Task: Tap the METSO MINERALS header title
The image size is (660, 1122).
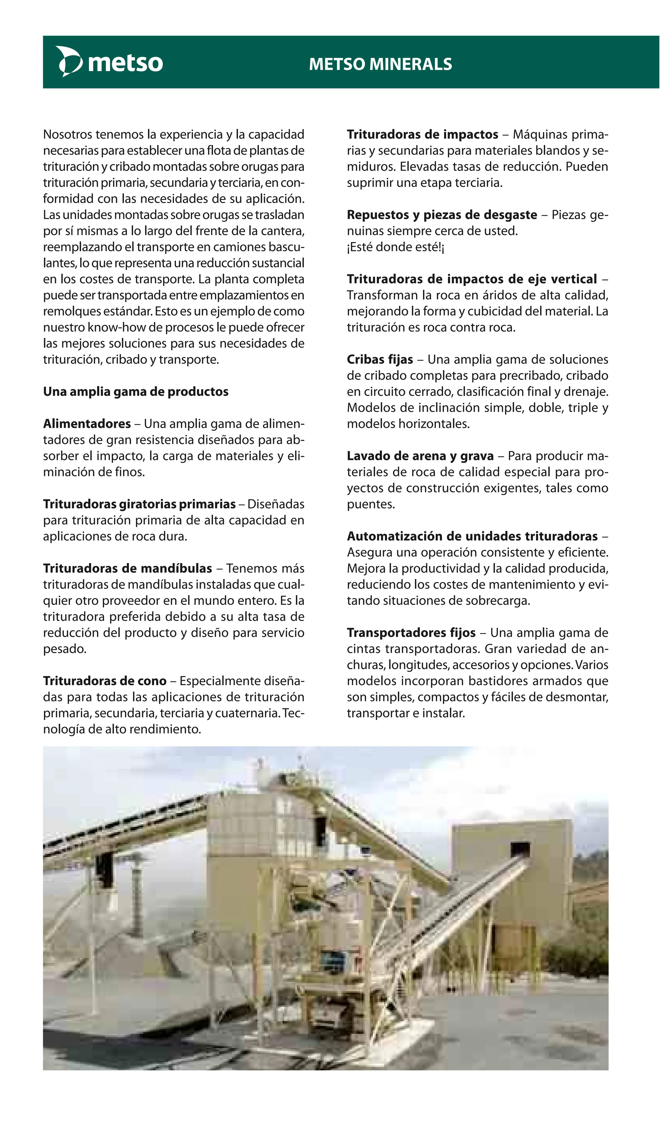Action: tap(380, 64)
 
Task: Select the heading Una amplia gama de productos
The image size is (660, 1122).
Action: tap(135, 392)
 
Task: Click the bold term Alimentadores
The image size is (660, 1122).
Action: tap(87, 424)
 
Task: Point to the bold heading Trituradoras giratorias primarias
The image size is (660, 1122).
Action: tap(139, 504)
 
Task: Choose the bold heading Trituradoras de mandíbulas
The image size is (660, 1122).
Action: tap(127, 569)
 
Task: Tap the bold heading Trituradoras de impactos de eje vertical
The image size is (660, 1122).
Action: tap(471, 279)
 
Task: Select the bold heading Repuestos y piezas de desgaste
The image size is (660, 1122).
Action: tap(442, 215)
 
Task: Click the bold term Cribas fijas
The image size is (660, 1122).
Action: tap(380, 360)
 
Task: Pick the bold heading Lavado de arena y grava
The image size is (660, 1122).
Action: tap(420, 456)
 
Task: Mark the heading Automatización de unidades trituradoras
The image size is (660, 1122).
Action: tap(472, 536)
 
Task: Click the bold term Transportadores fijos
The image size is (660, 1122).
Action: tap(411, 633)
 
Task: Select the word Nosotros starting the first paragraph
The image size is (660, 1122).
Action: tap(68, 134)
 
